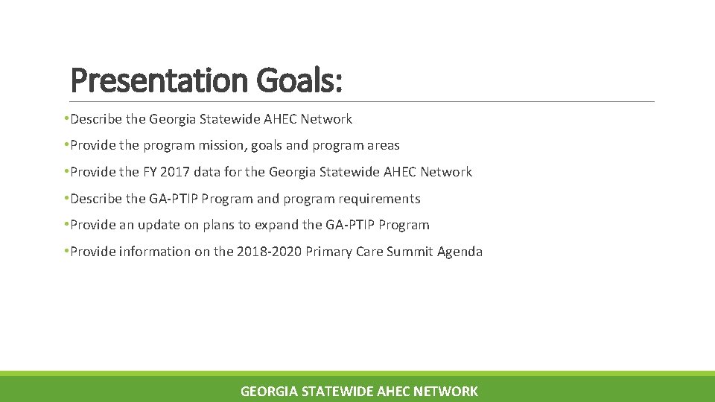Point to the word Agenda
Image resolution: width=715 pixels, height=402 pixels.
[x=460, y=252]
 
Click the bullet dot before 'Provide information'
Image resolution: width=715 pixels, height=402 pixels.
[x=67, y=252]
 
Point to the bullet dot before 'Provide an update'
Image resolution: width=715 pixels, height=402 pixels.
[x=67, y=225]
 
